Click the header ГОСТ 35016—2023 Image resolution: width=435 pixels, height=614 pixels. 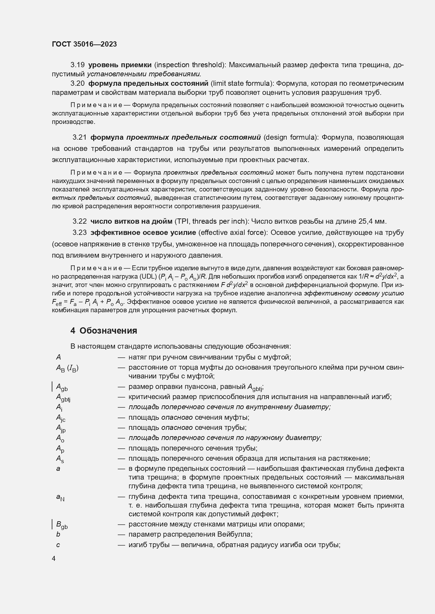(x=84, y=44)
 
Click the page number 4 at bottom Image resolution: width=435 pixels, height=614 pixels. (x=54, y=559)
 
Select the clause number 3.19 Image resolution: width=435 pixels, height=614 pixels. (x=77, y=65)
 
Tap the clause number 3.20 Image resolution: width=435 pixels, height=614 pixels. (x=77, y=83)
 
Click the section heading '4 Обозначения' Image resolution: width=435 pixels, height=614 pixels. (x=104, y=330)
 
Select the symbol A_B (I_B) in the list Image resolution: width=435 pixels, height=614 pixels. (x=67, y=368)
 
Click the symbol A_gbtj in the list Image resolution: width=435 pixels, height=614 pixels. (x=63, y=397)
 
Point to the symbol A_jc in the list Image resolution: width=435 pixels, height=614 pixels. (x=61, y=418)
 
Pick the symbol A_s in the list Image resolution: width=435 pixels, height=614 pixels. (x=60, y=459)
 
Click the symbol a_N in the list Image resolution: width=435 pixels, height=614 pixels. (x=60, y=497)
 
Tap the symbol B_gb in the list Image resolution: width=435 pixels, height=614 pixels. (x=62, y=525)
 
